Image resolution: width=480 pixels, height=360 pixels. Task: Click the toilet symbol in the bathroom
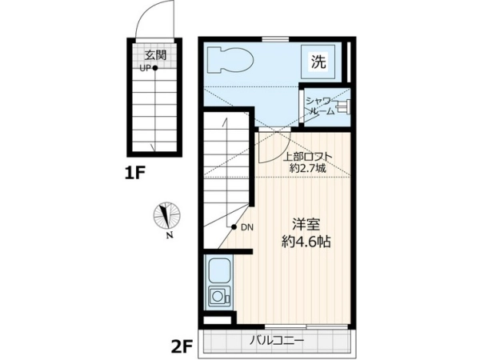tap(230, 60)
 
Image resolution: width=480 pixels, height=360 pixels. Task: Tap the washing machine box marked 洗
tap(318, 62)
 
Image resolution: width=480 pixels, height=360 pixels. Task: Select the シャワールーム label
tap(321, 106)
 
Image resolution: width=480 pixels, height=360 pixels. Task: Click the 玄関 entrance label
tap(155, 55)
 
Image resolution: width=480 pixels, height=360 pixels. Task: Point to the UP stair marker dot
tap(155, 68)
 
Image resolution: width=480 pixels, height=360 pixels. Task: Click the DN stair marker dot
tap(234, 227)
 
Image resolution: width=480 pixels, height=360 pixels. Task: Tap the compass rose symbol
tap(166, 215)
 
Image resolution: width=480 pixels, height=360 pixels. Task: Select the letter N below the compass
tap(169, 235)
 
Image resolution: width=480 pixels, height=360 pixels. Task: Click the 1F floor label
tap(134, 174)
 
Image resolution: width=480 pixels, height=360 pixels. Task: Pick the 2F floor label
tap(182, 347)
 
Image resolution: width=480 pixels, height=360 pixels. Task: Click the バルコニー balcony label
tap(278, 341)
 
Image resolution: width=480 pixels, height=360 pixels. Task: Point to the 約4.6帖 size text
tap(306, 242)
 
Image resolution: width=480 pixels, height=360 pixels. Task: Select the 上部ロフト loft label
tap(307, 157)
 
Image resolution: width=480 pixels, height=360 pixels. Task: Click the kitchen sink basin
tap(219, 271)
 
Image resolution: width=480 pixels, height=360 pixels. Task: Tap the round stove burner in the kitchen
tap(218, 296)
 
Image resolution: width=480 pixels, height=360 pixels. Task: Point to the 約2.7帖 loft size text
tap(308, 168)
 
